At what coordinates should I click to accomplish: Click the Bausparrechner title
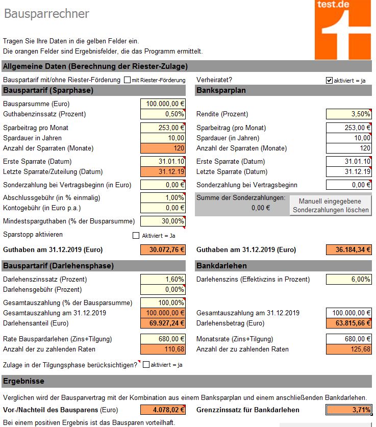click(x=46, y=14)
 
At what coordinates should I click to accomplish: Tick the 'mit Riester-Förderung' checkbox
click(x=127, y=80)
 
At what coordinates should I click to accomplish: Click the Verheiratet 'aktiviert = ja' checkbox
click(x=329, y=80)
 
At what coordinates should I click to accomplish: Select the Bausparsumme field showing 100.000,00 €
click(x=163, y=104)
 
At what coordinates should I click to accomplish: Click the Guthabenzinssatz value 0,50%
click(x=163, y=114)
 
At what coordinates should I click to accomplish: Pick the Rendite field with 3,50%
click(x=348, y=114)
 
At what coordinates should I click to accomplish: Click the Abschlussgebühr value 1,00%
click(x=163, y=198)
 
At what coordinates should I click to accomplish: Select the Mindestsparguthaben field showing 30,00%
click(x=163, y=221)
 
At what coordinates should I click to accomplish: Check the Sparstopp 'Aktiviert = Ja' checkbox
click(x=136, y=235)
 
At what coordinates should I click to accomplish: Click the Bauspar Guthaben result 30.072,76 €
click(x=163, y=250)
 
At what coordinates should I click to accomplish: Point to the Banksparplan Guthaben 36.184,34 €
click(x=348, y=250)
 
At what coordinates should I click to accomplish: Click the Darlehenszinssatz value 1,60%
click(x=163, y=279)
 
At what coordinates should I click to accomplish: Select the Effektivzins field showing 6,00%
click(x=348, y=279)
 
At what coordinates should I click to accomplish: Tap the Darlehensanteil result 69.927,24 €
click(x=163, y=323)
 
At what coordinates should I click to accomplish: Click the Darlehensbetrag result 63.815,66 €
click(x=348, y=323)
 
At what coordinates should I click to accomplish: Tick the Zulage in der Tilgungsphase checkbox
click(x=146, y=365)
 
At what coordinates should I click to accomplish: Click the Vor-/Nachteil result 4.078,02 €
click(x=163, y=410)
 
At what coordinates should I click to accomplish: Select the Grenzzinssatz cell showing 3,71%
click(x=348, y=410)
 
